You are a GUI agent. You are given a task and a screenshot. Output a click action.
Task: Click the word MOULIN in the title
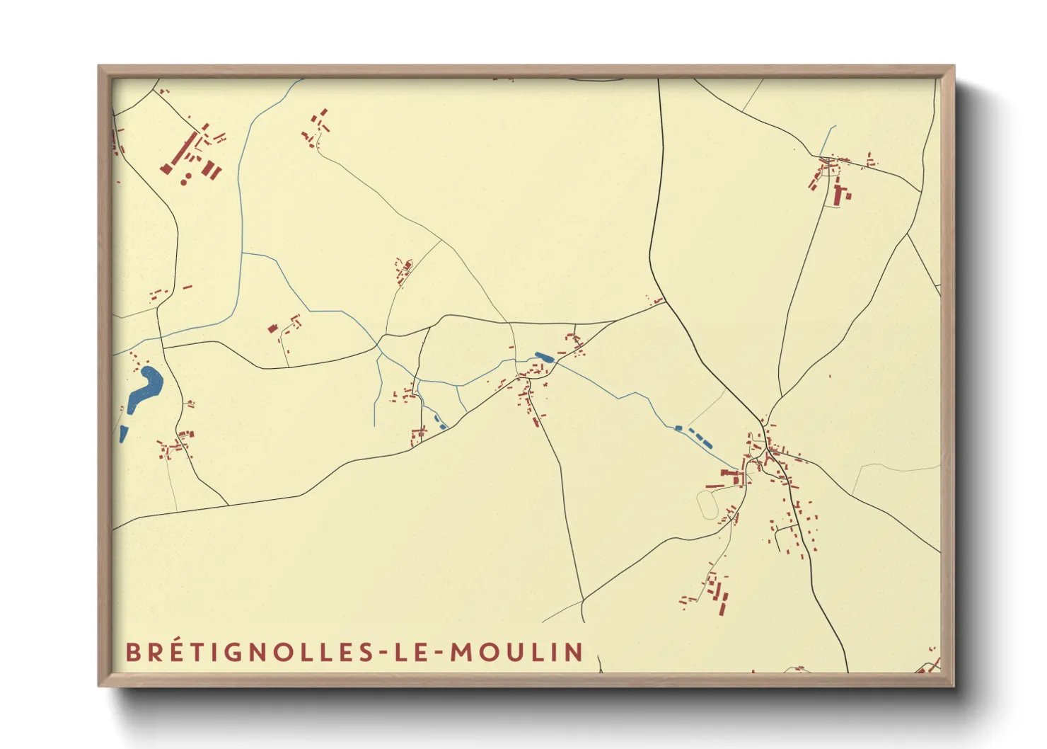coord(517,652)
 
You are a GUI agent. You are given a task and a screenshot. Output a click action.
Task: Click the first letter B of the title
coord(132,652)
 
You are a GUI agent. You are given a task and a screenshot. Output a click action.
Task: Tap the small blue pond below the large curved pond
coord(124,433)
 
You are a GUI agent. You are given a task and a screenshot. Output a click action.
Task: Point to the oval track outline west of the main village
coord(707,505)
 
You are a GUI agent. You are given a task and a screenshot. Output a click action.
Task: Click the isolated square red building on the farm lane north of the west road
coord(272,328)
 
